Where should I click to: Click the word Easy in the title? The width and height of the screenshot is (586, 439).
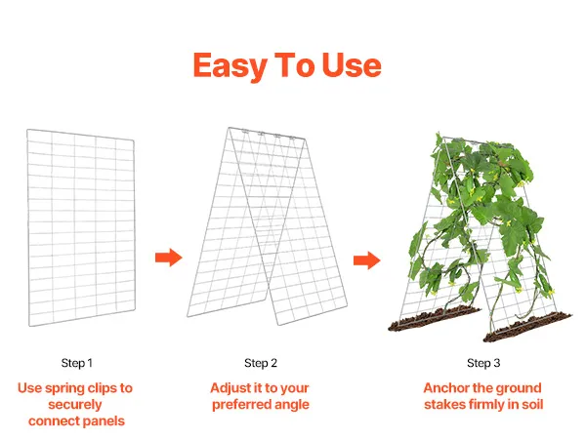230,66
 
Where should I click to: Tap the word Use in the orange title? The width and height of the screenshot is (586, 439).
352,65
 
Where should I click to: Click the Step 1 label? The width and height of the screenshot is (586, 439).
76,363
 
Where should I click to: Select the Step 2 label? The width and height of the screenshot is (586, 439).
261,363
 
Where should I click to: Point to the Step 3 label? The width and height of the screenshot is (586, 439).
483,363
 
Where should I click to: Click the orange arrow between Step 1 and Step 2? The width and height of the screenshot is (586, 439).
169,258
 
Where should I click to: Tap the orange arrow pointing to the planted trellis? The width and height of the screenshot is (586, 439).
367,260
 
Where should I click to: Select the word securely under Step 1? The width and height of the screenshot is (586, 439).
75,405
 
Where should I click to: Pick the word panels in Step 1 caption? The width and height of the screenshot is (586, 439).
104,421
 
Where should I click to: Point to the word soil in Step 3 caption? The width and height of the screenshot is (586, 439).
532,404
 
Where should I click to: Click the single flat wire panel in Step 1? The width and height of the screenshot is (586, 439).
81,227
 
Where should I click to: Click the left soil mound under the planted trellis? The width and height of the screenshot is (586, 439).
435,318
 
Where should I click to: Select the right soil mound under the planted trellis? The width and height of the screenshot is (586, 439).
527,328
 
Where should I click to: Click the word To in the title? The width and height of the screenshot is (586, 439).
295,65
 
